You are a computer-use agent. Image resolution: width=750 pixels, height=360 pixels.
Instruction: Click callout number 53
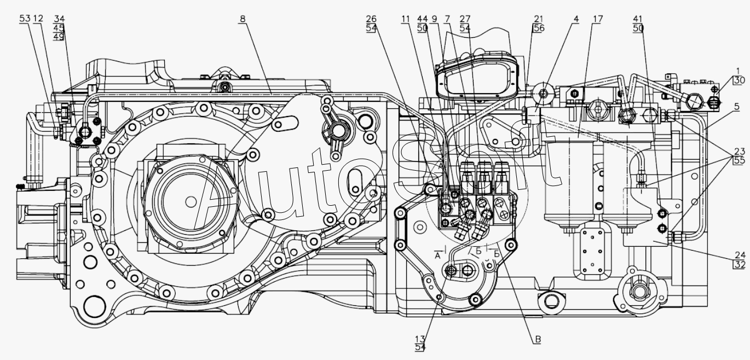point(25,19)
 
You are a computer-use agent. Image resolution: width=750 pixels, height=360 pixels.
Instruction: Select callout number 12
point(38,19)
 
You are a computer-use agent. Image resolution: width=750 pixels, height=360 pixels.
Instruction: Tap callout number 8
point(243,19)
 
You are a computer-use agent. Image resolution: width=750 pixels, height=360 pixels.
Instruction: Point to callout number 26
point(371,19)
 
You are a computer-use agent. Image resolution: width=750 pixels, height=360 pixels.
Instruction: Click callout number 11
point(406,19)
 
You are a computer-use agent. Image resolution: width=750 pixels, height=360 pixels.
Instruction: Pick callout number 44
point(422,19)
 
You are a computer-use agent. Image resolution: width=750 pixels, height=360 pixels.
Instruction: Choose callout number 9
point(434,19)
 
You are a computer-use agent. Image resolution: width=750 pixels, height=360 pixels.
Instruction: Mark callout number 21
point(538,19)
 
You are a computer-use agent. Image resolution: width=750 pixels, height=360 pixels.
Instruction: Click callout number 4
point(576,19)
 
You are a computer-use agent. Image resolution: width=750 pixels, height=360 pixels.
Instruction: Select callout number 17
point(598,19)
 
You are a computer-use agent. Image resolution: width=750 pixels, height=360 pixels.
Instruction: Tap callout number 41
point(638,19)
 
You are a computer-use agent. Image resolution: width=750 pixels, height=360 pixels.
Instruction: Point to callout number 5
point(737,107)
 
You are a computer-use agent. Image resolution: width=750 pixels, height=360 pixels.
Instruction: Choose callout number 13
point(420,339)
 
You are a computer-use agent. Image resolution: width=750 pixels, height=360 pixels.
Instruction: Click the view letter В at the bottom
point(538,340)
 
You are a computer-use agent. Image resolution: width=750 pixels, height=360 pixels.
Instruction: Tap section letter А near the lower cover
point(437,256)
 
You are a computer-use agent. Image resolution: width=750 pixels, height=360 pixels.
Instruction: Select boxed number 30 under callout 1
point(739,80)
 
